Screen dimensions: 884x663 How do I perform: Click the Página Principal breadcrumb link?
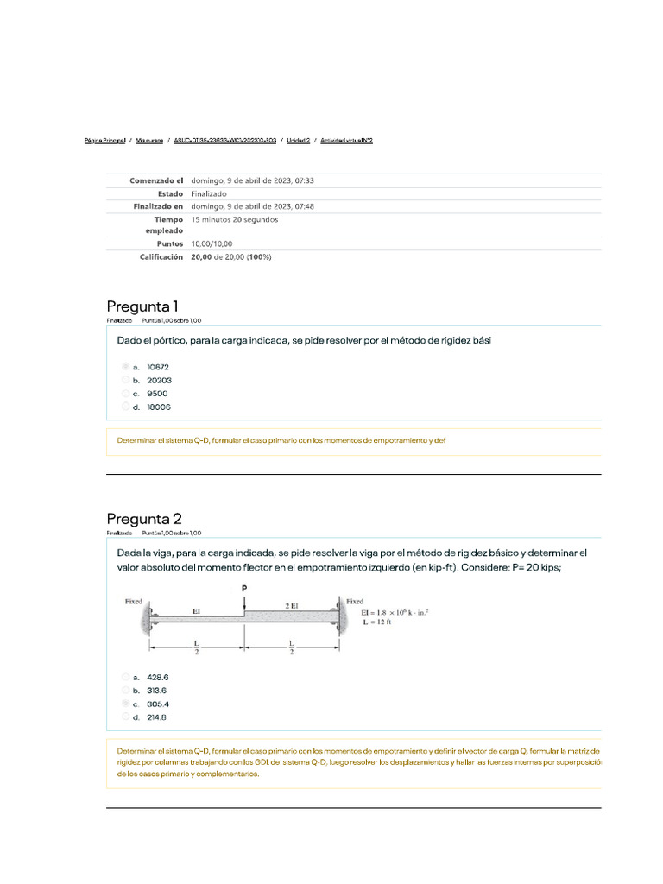(x=105, y=140)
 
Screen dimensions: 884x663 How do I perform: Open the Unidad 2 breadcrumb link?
(x=299, y=140)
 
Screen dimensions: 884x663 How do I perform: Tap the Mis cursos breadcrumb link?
(x=149, y=140)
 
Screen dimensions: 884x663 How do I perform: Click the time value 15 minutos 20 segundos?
(x=235, y=219)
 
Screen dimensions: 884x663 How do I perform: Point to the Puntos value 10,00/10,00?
(x=212, y=243)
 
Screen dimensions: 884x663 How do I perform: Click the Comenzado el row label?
(x=156, y=180)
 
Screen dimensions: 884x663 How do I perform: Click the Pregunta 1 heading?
(x=142, y=306)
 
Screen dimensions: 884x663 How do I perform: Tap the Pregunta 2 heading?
(x=144, y=518)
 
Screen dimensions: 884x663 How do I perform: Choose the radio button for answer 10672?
(x=125, y=367)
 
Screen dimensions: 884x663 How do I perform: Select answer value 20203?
(x=159, y=380)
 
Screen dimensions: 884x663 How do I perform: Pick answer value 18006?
(x=159, y=407)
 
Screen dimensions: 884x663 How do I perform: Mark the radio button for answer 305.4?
(x=125, y=704)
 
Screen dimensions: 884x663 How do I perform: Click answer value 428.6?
(x=157, y=677)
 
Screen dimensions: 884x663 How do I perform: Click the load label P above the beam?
(x=244, y=588)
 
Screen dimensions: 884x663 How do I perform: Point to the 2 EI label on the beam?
(x=291, y=605)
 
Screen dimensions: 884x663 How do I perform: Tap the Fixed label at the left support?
(x=133, y=601)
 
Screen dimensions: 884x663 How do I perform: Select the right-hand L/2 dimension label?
(x=291, y=647)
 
